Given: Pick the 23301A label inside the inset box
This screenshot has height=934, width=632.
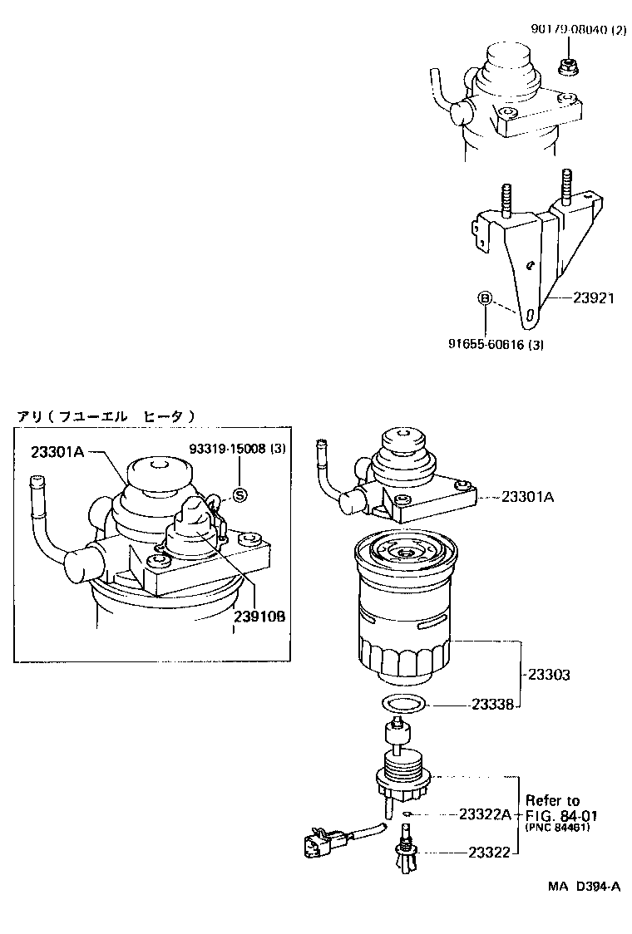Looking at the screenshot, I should [58, 452].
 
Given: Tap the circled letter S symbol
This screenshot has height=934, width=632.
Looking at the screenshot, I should [239, 495].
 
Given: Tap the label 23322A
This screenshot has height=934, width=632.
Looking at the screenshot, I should [484, 814].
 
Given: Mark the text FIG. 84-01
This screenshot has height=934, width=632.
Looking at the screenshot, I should [562, 815].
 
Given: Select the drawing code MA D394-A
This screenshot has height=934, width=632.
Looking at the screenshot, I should [583, 887].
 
